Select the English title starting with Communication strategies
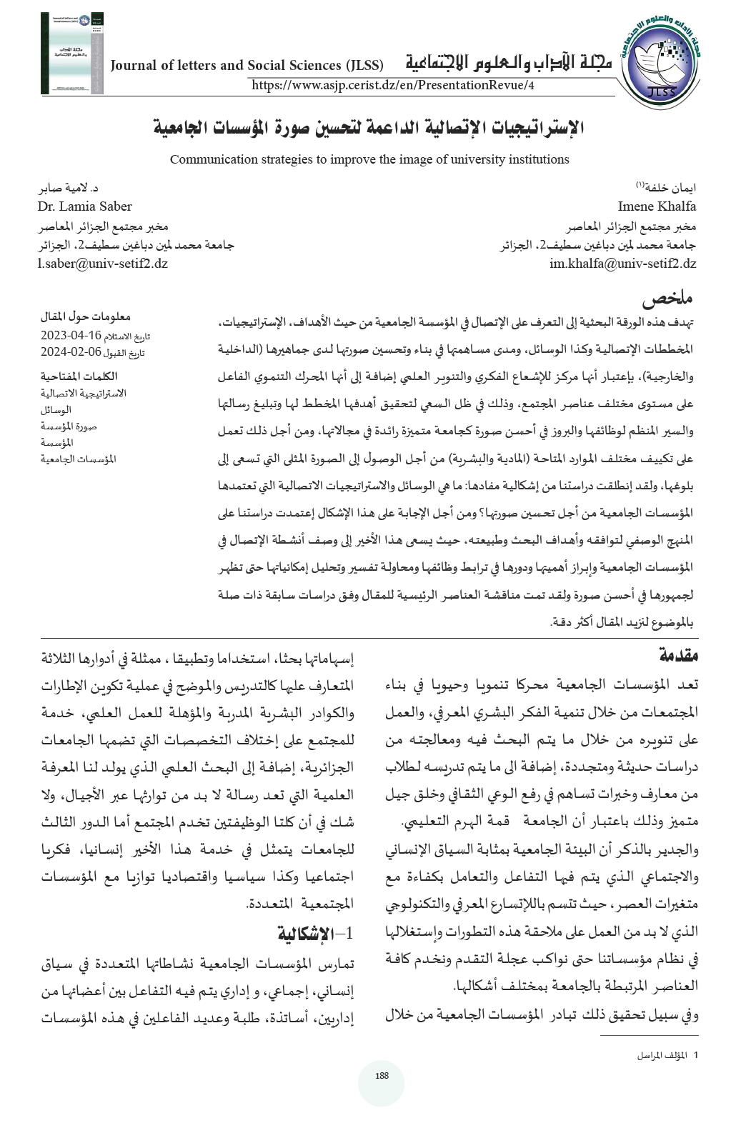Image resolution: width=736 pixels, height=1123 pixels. [x=369, y=159]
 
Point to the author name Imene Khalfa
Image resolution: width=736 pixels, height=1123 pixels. [x=657, y=206]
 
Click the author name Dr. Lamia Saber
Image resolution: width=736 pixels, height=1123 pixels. [x=85, y=206]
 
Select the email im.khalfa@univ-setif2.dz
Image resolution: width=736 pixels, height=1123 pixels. [x=622, y=264]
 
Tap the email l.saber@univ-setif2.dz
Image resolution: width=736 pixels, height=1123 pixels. [x=103, y=264]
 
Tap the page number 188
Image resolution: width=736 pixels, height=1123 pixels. [x=382, y=1076]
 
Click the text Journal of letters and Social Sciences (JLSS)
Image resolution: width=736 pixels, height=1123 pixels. [x=247, y=66]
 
